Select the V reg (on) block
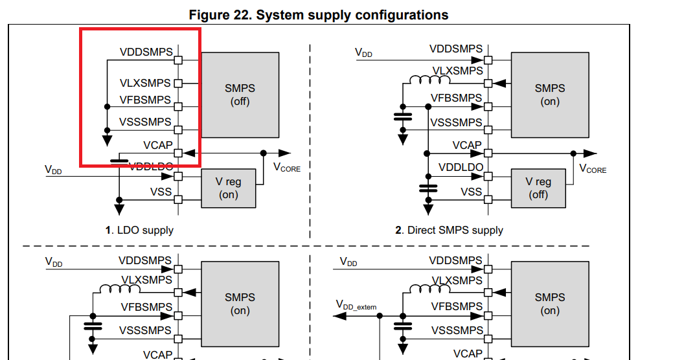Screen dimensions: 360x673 point(229,188)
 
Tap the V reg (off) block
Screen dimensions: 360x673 point(538,188)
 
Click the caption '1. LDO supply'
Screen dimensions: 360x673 point(139,230)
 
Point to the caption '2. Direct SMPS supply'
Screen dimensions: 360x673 point(449,230)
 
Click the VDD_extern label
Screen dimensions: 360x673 point(356,305)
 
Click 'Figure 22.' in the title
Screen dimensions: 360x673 point(220,14)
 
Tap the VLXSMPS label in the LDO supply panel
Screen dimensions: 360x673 point(145,83)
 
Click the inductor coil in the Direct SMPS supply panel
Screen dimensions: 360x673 point(429,81)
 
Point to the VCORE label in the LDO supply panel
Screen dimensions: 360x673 point(287,168)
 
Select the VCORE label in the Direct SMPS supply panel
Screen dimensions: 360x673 point(593,168)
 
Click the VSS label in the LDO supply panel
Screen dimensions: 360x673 point(161,192)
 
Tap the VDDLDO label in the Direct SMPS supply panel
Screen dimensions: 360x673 point(461,168)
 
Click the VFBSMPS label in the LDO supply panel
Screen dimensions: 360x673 point(145,100)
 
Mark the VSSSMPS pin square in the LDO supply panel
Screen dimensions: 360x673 point(178,129)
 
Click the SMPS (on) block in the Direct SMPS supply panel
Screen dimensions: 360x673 point(550,95)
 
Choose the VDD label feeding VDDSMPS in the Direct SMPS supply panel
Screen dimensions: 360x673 point(364,52)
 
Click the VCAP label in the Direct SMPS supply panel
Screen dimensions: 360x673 point(467,145)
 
